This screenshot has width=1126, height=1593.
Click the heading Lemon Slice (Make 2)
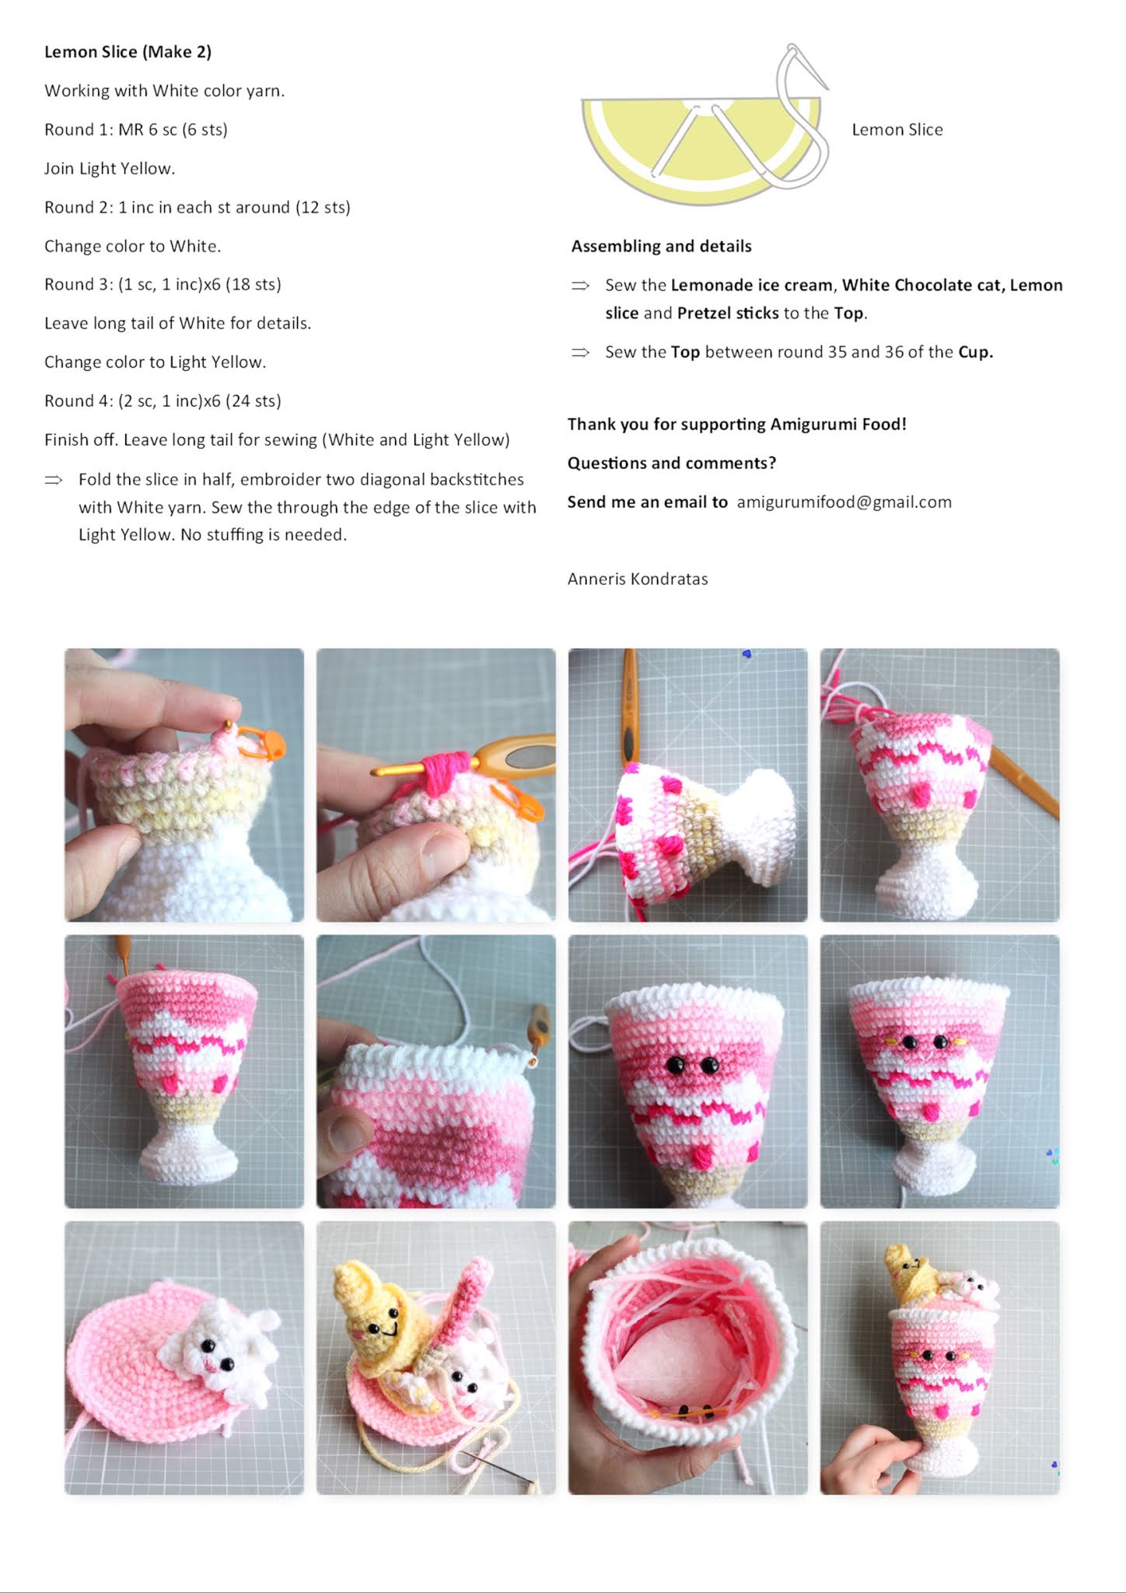tap(128, 52)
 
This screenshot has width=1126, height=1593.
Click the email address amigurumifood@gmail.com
tap(844, 502)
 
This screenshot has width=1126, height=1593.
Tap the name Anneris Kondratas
tap(638, 579)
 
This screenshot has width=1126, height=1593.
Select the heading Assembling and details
tap(662, 247)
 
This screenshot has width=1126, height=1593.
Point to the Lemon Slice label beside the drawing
tap(897, 130)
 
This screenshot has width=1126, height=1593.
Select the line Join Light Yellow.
tap(110, 169)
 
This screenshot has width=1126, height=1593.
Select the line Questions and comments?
tap(672, 464)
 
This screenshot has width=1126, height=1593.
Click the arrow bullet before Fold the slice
tap(54, 480)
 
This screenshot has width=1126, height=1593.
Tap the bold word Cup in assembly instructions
tap(974, 352)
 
